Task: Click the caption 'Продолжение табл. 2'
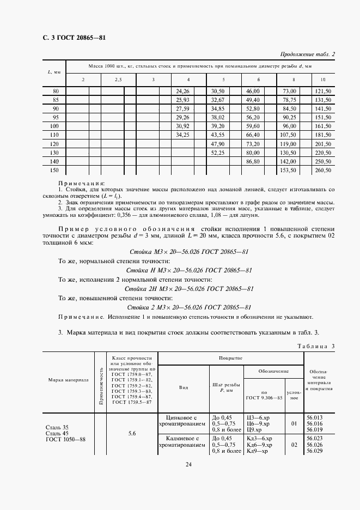pos(307,53)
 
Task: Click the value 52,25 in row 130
pos(217,153)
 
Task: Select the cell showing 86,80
pos(252,162)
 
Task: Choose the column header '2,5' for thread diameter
pos(118,80)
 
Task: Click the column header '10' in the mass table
pos(323,80)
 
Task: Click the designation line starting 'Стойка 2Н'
pos(188,288)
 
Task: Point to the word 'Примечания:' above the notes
pos(81,184)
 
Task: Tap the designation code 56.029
pos(314,451)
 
